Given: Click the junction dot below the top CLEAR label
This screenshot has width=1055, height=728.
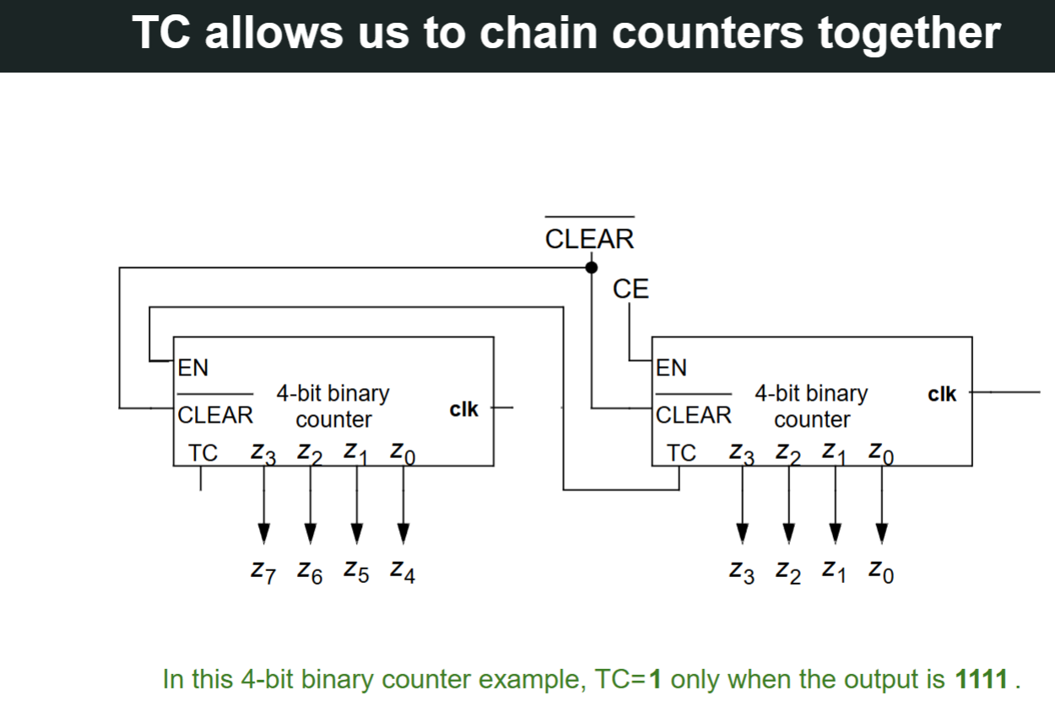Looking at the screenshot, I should click(x=591, y=267).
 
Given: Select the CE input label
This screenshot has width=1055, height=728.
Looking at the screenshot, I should click(x=630, y=289).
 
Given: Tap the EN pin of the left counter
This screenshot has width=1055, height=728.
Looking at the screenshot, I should click(x=193, y=368).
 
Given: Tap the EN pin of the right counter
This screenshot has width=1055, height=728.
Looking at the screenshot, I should click(x=672, y=368).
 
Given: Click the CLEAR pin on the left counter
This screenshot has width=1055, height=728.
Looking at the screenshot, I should click(x=215, y=414).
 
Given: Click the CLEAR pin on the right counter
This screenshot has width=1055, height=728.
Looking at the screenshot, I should click(x=694, y=414).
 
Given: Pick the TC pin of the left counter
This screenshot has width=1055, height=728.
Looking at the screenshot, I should click(x=203, y=453).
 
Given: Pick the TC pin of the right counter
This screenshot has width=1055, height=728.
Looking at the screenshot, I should click(x=681, y=453).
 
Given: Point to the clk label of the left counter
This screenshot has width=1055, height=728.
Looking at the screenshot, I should click(x=463, y=409).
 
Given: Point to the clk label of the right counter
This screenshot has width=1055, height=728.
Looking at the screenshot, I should click(x=942, y=394).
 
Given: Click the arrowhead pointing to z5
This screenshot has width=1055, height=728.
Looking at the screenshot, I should click(x=357, y=532).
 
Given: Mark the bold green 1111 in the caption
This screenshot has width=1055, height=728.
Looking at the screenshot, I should click(x=980, y=679).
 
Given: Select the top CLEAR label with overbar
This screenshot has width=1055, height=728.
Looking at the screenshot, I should click(x=589, y=239).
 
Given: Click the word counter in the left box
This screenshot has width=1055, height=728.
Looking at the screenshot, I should click(x=333, y=419).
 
